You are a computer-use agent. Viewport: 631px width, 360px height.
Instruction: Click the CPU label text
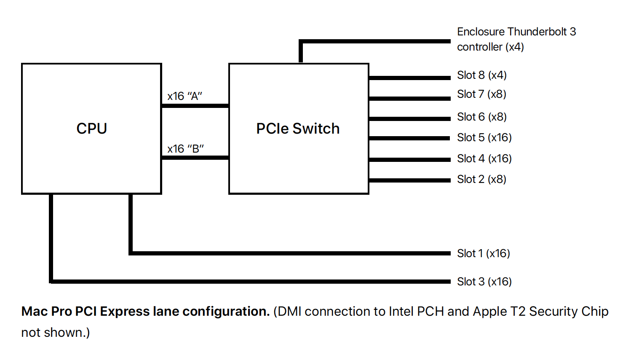(91, 129)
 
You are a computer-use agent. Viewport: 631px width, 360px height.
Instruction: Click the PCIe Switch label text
(298, 129)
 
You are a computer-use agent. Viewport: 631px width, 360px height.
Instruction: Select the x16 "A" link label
(184, 96)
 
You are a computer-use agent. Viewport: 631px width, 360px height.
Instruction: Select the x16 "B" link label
(185, 149)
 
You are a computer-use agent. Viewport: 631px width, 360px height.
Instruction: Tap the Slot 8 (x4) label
(481, 75)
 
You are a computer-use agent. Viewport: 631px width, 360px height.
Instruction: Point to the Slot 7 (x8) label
(481, 94)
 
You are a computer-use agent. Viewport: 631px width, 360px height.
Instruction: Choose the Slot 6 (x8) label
(481, 117)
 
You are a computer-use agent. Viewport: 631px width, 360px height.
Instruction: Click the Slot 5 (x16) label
(484, 137)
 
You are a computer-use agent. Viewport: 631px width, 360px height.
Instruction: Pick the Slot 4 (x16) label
(484, 159)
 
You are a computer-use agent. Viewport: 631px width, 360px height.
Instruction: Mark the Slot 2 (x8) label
(481, 179)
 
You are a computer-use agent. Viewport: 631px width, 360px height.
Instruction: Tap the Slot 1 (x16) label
(483, 253)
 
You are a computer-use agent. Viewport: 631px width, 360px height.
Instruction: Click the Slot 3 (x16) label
(484, 282)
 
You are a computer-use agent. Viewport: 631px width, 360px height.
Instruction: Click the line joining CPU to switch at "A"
(195, 105)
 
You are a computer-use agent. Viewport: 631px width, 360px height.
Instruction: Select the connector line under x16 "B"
(195, 158)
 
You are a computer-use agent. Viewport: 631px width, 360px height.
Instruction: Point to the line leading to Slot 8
(409, 78)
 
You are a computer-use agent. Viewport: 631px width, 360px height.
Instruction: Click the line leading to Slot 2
(409, 180)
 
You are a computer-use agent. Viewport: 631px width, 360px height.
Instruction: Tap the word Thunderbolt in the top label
(537, 32)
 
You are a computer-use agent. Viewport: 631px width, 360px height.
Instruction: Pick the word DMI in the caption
(289, 312)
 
